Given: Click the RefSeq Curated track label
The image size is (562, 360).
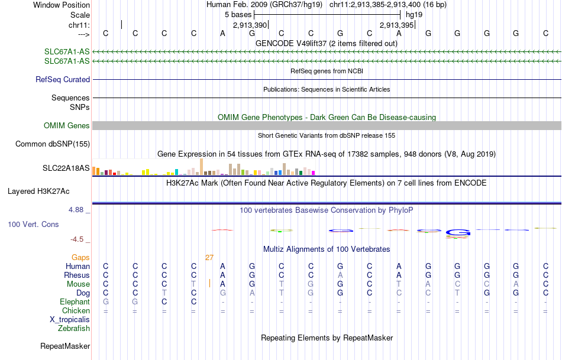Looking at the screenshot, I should coord(63,79).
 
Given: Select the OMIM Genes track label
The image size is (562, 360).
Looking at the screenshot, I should coord(67,125).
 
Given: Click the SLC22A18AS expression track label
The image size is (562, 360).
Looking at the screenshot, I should coord(66,168).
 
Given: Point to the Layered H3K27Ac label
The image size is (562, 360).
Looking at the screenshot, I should coord(38,191).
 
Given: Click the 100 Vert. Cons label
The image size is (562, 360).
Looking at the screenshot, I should coord(33,225).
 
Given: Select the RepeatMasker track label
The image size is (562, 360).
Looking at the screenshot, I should coord(65,346).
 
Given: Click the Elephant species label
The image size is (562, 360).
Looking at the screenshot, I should coord(75,301).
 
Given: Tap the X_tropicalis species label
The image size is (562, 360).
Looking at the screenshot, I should coord(70,319).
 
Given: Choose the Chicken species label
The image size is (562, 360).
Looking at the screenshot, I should coord(76,310).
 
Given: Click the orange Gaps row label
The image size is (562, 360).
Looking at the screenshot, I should coord(80,257).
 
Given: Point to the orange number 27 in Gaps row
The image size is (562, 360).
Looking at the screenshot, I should coord(209,257).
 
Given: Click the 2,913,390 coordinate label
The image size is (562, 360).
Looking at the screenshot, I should coord(250,25).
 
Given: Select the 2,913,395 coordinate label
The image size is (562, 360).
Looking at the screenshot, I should coord(396,25).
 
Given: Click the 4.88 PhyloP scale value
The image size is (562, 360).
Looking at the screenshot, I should coord(77,210).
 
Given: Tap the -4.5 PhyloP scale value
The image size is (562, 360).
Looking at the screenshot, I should coord(77,239).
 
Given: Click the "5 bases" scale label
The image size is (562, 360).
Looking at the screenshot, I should coord(238,14).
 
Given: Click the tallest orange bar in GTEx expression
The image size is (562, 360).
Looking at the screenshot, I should coord(202,167).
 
